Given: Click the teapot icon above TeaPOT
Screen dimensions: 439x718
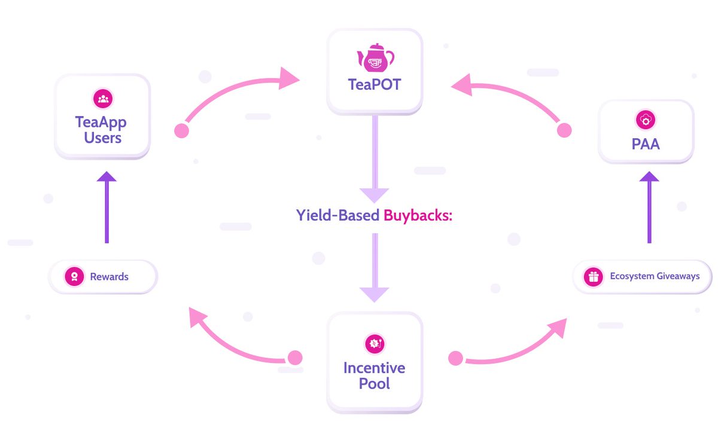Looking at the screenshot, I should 375,58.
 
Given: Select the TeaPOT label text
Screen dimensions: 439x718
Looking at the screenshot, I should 375,84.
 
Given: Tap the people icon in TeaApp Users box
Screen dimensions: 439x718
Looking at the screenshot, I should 103,98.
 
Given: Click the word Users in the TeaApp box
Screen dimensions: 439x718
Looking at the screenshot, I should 103,138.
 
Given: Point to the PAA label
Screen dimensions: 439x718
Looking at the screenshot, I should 646,144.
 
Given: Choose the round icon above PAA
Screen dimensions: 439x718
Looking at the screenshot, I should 646,120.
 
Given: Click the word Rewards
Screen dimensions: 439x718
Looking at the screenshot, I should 109,277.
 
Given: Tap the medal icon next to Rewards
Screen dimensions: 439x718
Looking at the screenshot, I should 74,277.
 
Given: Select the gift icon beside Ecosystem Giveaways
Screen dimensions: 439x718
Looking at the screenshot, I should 593,277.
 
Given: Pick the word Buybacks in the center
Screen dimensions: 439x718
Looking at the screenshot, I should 417,215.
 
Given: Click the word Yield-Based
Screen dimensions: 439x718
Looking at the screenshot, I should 337,215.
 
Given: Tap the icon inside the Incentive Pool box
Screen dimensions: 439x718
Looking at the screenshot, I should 375,343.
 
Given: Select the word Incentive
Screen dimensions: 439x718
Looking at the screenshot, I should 374,367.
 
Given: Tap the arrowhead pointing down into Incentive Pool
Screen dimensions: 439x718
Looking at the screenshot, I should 375,294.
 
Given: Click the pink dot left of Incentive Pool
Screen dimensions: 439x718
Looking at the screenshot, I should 295,358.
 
